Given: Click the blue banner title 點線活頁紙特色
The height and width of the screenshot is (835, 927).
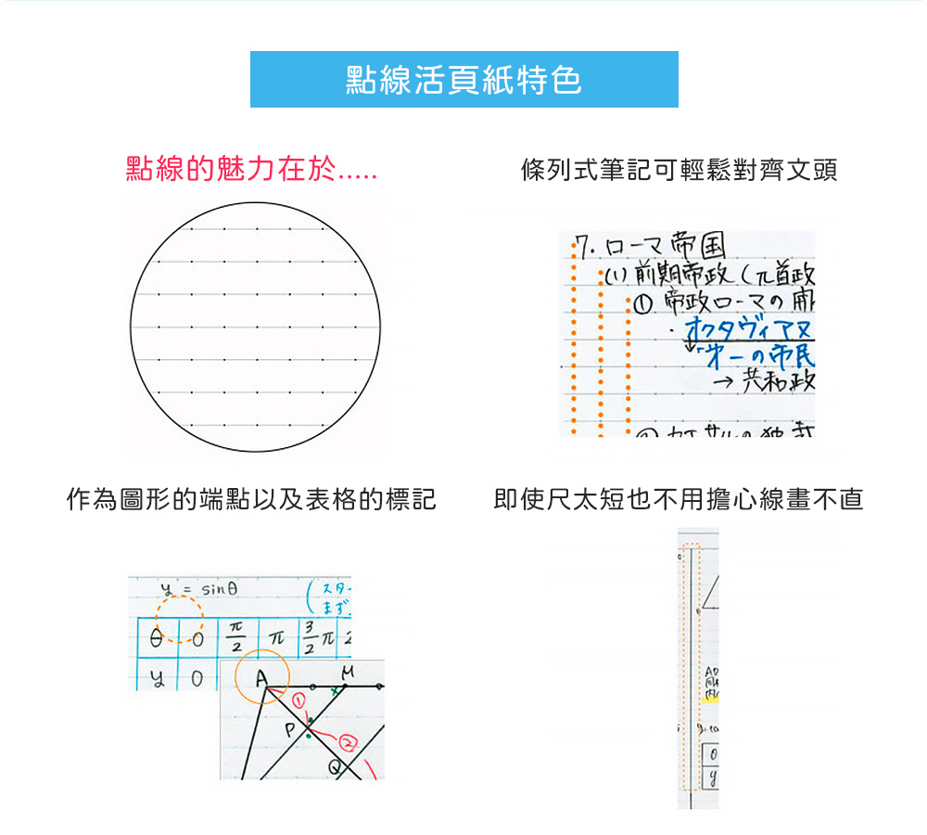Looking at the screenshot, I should point(463,80).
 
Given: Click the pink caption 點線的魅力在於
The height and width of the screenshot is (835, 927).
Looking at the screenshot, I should point(250,170).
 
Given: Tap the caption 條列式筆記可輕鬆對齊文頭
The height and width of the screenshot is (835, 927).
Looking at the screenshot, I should point(679,170).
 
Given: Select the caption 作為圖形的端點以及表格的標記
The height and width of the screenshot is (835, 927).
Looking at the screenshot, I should point(251,500).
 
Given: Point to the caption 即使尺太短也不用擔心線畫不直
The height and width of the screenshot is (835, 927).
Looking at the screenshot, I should point(679,500).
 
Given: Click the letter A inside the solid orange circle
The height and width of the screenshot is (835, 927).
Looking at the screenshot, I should point(262,682).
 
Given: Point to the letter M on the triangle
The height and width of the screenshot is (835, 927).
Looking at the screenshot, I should point(347,670).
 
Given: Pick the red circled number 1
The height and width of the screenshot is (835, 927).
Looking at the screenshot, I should point(298,700).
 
